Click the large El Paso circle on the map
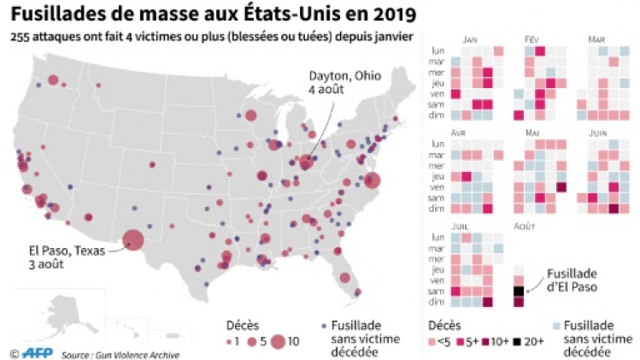132,240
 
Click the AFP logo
37,351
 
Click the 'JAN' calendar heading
469,39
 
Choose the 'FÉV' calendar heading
531,39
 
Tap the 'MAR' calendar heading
596,39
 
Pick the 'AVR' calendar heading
469,133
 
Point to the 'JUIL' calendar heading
469,227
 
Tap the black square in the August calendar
518,291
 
